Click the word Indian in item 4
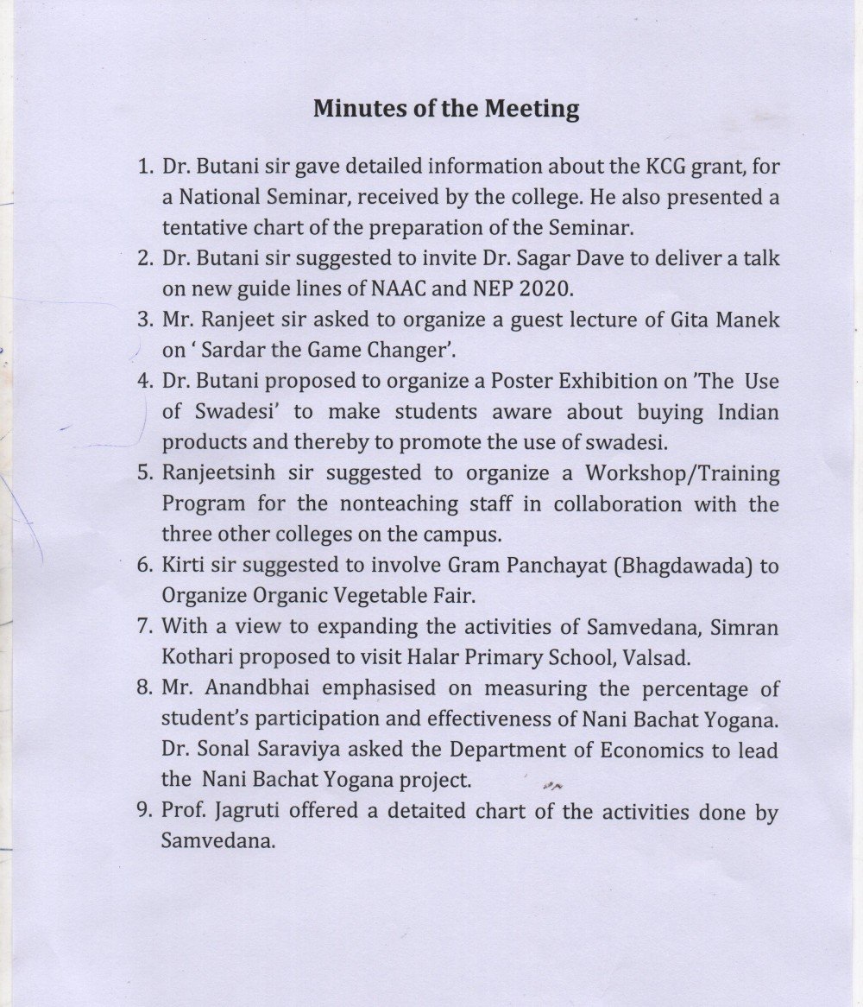coord(748,412)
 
